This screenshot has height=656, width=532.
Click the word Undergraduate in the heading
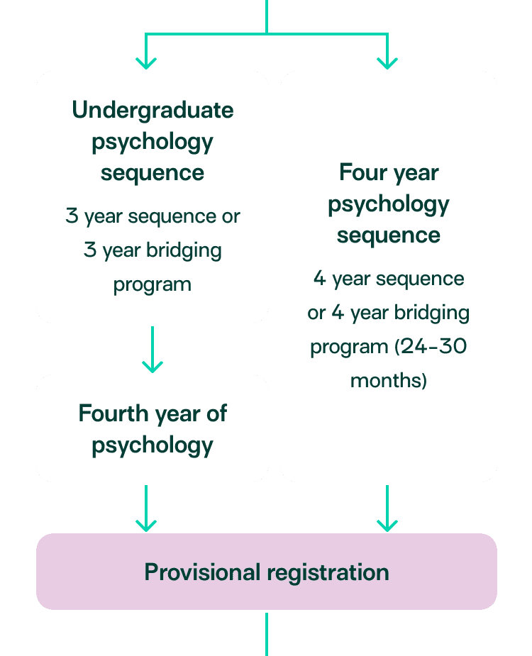153,110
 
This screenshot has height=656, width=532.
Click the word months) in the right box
389,380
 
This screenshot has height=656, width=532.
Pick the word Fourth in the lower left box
113,413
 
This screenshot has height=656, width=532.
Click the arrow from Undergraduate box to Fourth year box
152,350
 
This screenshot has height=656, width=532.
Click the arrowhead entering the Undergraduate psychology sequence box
146,62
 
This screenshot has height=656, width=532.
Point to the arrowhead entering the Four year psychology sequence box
387,62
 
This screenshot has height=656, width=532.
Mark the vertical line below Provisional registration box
267,633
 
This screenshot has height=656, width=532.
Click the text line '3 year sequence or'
153,216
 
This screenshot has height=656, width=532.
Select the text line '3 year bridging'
153,250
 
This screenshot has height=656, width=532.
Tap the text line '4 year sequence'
389,279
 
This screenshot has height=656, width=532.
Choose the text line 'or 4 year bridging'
389,313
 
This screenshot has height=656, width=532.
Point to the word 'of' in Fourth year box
216,413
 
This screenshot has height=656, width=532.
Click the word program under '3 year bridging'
153,284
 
